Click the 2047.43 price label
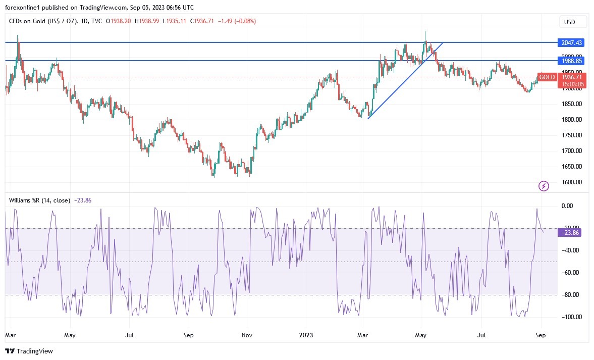[571, 42]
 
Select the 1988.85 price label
[571, 61]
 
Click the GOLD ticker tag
[547, 77]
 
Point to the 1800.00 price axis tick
[571, 120]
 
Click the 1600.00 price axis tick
[571, 182]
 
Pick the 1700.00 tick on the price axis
[571, 151]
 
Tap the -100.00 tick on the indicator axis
[571, 317]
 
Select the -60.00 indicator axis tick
[571, 273]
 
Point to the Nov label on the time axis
[247, 335]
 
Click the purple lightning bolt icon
[544, 186]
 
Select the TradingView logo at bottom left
[29, 351]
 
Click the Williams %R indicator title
[39, 200]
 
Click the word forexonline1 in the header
[23, 8]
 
